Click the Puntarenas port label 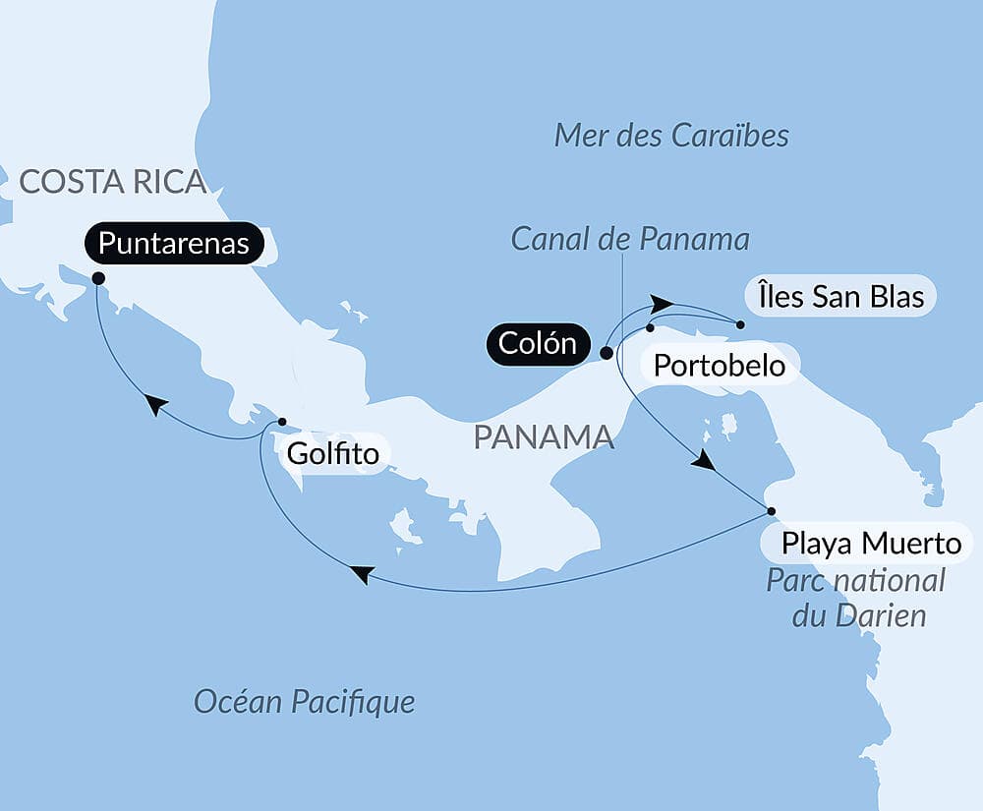coord(174,243)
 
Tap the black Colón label coord(537,344)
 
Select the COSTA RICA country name coord(113,182)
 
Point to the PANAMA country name coord(544,437)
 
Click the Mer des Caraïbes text coord(671,136)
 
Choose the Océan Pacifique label coord(304,702)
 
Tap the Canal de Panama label coord(630,239)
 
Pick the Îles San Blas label coord(840,296)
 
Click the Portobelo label coord(720,367)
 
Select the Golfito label coord(332,454)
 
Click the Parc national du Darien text coord(855,598)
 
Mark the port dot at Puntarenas coord(98,278)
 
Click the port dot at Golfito coord(282,422)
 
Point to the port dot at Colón coord(607,352)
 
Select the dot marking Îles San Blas coord(740,324)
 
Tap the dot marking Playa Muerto coord(772,511)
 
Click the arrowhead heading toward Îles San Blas coord(663,303)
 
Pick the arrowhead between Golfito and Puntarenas coord(154,405)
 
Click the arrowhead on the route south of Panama coord(362,574)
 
